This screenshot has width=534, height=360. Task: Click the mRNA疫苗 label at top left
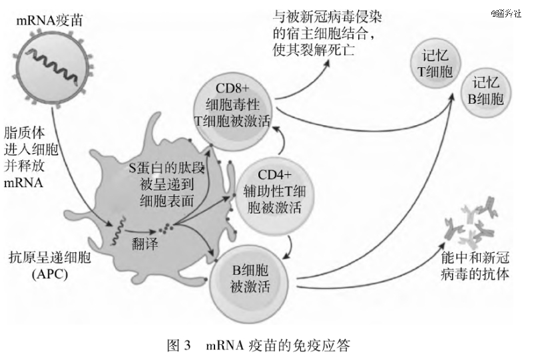point(49,21)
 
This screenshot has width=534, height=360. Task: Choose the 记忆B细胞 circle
point(485,92)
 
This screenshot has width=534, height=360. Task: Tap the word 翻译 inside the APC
point(144,244)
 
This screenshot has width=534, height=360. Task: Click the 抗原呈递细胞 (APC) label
point(50,266)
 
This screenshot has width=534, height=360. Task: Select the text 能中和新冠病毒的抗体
point(475,266)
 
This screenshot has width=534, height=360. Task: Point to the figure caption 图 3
point(179,346)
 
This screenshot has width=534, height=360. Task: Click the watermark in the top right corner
point(506,13)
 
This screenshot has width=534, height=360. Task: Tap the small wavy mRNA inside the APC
point(117,231)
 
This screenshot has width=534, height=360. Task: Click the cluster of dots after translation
point(166,228)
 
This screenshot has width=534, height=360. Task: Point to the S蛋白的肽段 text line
point(166,168)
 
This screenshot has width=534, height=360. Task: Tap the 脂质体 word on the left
point(25,133)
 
